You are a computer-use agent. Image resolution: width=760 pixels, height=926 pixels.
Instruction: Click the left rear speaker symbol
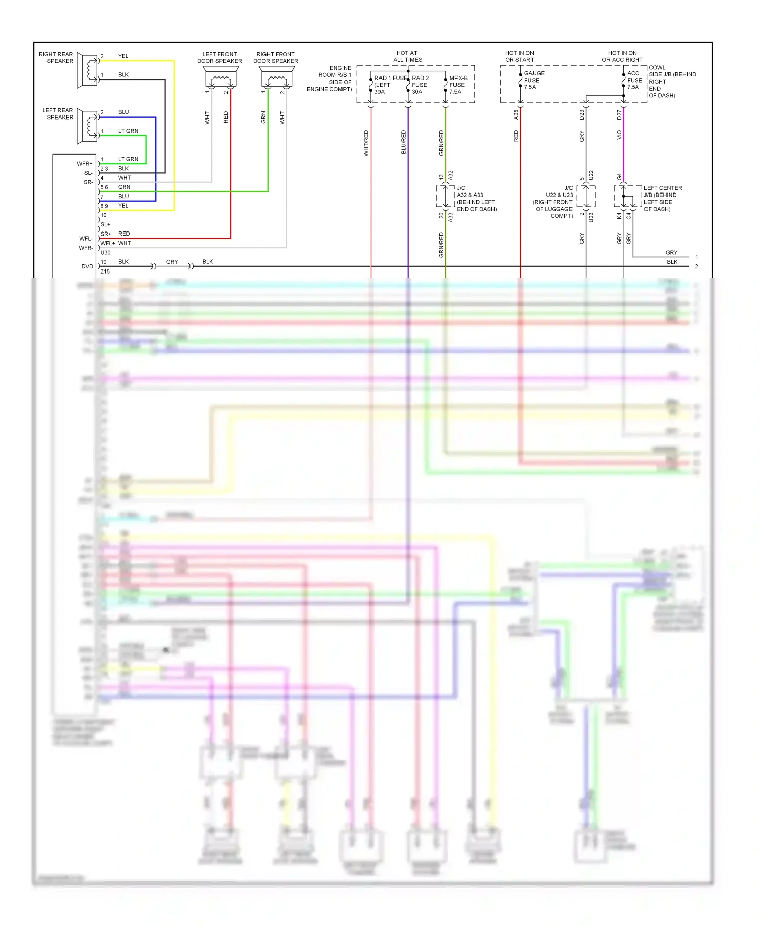[88, 127]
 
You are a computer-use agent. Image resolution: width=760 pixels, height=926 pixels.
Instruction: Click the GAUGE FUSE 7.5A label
[534, 80]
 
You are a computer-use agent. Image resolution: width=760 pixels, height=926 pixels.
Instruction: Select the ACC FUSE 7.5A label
[634, 80]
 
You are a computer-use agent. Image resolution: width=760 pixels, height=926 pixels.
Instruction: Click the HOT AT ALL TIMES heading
[407, 56]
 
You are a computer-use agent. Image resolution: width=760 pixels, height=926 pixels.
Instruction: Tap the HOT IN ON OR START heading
[519, 56]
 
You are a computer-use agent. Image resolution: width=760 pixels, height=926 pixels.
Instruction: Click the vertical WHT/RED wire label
[366, 143]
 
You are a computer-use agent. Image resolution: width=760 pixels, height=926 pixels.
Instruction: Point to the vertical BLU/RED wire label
[403, 142]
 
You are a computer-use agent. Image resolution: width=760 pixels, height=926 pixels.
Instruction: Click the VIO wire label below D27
[619, 135]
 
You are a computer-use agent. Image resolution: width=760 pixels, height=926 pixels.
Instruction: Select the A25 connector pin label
[516, 115]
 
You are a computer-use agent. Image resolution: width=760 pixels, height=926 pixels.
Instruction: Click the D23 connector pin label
[581, 115]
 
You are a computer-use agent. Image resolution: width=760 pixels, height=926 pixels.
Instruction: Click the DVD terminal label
[87, 266]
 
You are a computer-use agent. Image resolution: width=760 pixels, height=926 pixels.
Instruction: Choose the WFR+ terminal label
[85, 164]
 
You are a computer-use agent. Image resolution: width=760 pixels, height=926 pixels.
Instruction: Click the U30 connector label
[105, 252]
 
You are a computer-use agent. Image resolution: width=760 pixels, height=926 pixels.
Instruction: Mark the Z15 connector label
[105, 272]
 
